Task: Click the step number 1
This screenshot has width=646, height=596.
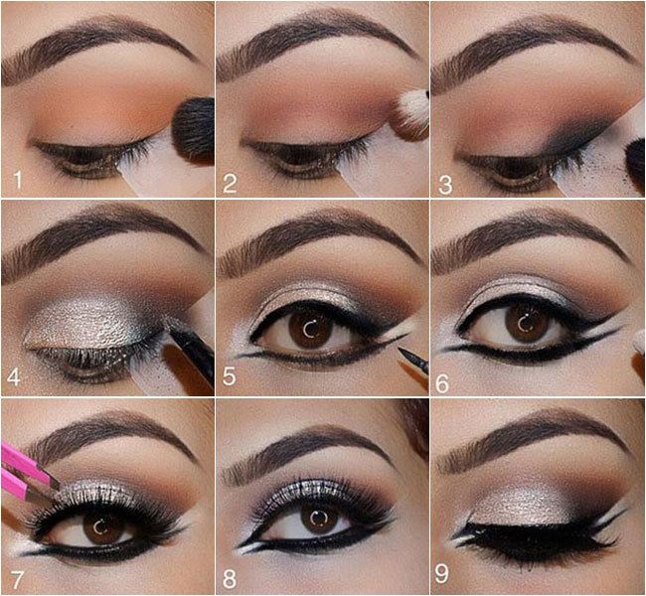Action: tap(18, 180)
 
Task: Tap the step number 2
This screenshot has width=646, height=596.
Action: tap(230, 183)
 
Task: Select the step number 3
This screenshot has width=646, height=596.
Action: tap(445, 184)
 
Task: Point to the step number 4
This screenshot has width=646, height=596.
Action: tap(14, 376)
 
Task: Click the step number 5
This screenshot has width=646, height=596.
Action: tap(230, 376)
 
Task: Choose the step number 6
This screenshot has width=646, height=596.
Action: tap(442, 383)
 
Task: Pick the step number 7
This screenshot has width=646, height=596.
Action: tap(17, 579)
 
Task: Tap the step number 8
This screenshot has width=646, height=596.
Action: tap(230, 579)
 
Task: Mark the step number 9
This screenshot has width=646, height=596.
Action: tap(441, 573)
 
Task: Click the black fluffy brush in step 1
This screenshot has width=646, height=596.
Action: tap(193, 131)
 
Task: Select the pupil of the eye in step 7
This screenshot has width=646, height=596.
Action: tap(99, 527)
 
